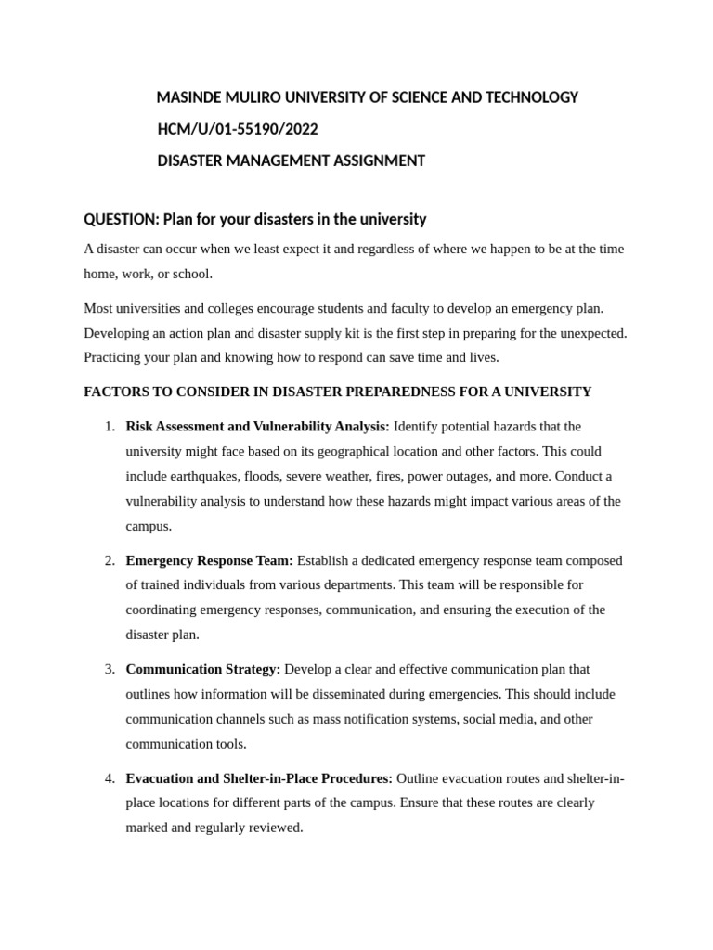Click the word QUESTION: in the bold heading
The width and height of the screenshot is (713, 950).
click(x=122, y=219)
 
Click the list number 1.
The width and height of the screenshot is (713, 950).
click(x=110, y=427)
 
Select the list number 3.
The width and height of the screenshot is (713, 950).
click(x=110, y=669)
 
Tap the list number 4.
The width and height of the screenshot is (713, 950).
click(x=110, y=777)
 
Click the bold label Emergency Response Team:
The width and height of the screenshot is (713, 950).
click(x=209, y=560)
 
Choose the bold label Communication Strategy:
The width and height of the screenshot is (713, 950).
click(x=202, y=669)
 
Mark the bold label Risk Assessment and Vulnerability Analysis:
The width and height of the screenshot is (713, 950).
click(x=257, y=427)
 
